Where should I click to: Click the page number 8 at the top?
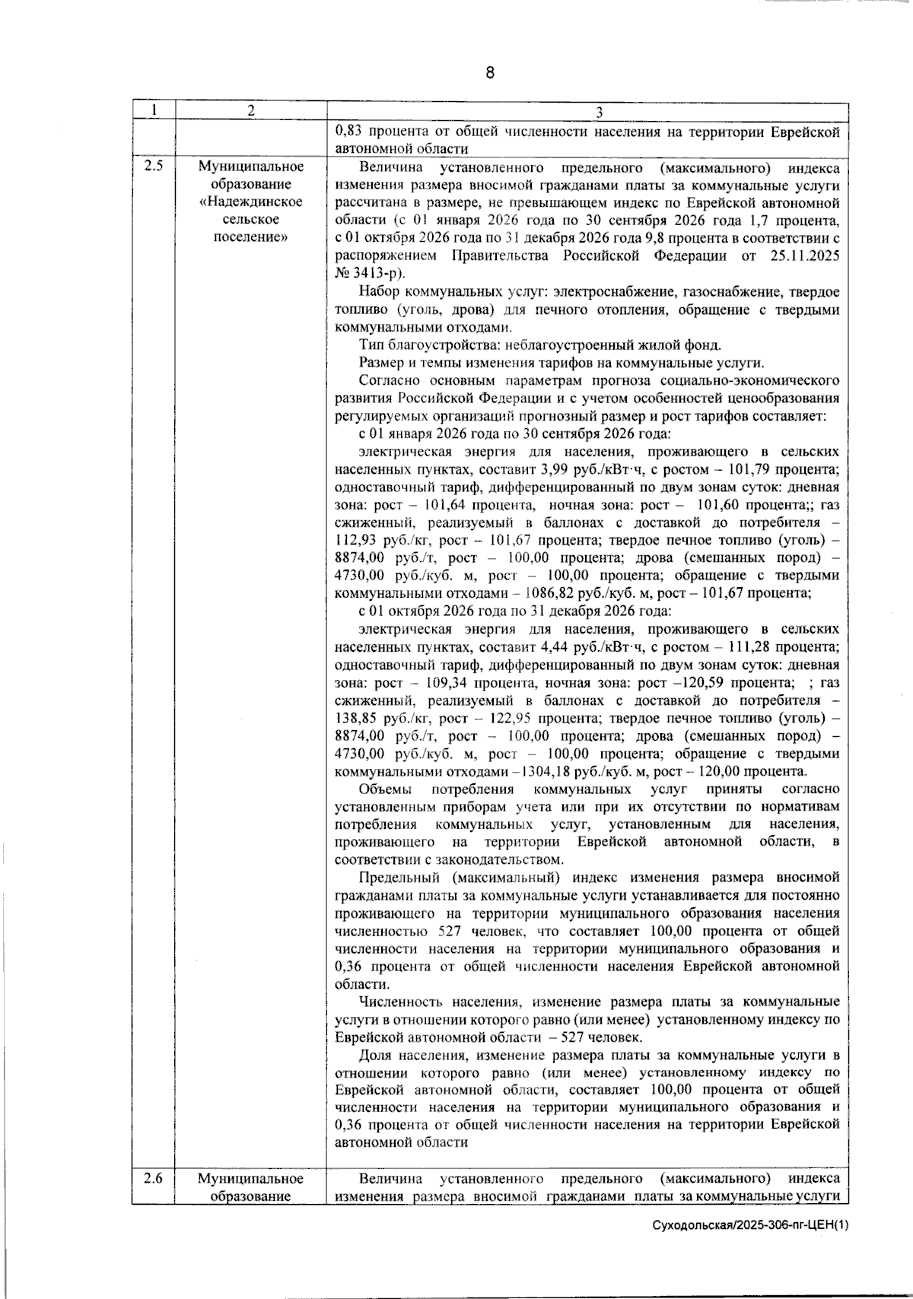(x=489, y=73)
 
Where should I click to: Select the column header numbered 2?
(x=250, y=110)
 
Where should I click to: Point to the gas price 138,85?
(x=360, y=718)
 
